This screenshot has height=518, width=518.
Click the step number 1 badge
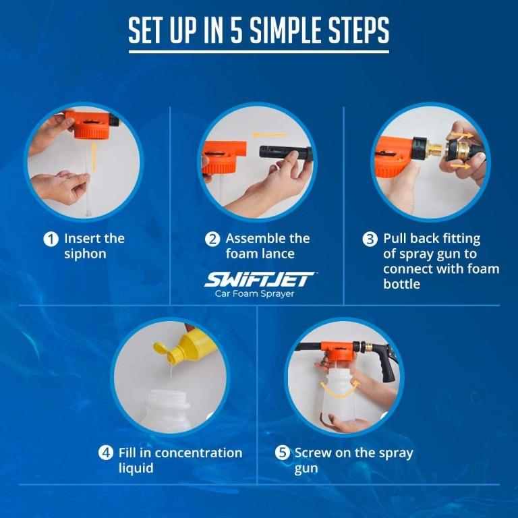(x=51, y=239)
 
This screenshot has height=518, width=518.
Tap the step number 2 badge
(x=212, y=239)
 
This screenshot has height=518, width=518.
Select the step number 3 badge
(x=370, y=239)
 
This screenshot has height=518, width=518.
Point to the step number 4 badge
(x=106, y=453)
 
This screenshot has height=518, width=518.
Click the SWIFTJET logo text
(x=260, y=279)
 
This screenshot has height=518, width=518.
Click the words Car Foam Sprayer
(x=254, y=293)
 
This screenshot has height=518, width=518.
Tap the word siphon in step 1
(x=85, y=254)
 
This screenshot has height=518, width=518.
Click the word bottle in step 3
(x=401, y=284)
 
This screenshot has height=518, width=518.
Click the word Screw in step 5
(x=314, y=453)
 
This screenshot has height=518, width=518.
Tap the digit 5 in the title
(x=236, y=30)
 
